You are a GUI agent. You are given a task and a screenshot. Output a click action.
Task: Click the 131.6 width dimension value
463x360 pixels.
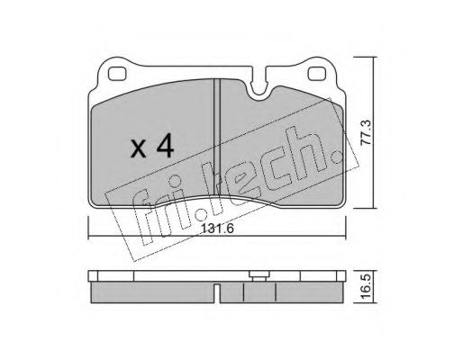(217, 229)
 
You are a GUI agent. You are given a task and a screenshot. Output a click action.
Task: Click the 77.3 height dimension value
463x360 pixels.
(366, 132)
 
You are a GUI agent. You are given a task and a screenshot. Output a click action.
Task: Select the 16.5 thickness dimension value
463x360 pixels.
(366, 286)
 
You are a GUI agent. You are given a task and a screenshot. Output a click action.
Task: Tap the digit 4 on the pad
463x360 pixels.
(164, 146)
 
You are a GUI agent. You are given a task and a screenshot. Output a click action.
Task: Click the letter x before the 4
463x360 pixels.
(138, 149)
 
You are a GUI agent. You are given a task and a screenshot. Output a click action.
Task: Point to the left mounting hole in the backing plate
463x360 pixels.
(117, 74)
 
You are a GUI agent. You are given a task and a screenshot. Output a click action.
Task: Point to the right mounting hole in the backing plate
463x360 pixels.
(317, 74)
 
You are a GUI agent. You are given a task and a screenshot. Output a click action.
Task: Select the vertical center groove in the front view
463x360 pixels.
(217, 138)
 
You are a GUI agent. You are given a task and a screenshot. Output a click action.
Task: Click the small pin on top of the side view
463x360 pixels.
(259, 275)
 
